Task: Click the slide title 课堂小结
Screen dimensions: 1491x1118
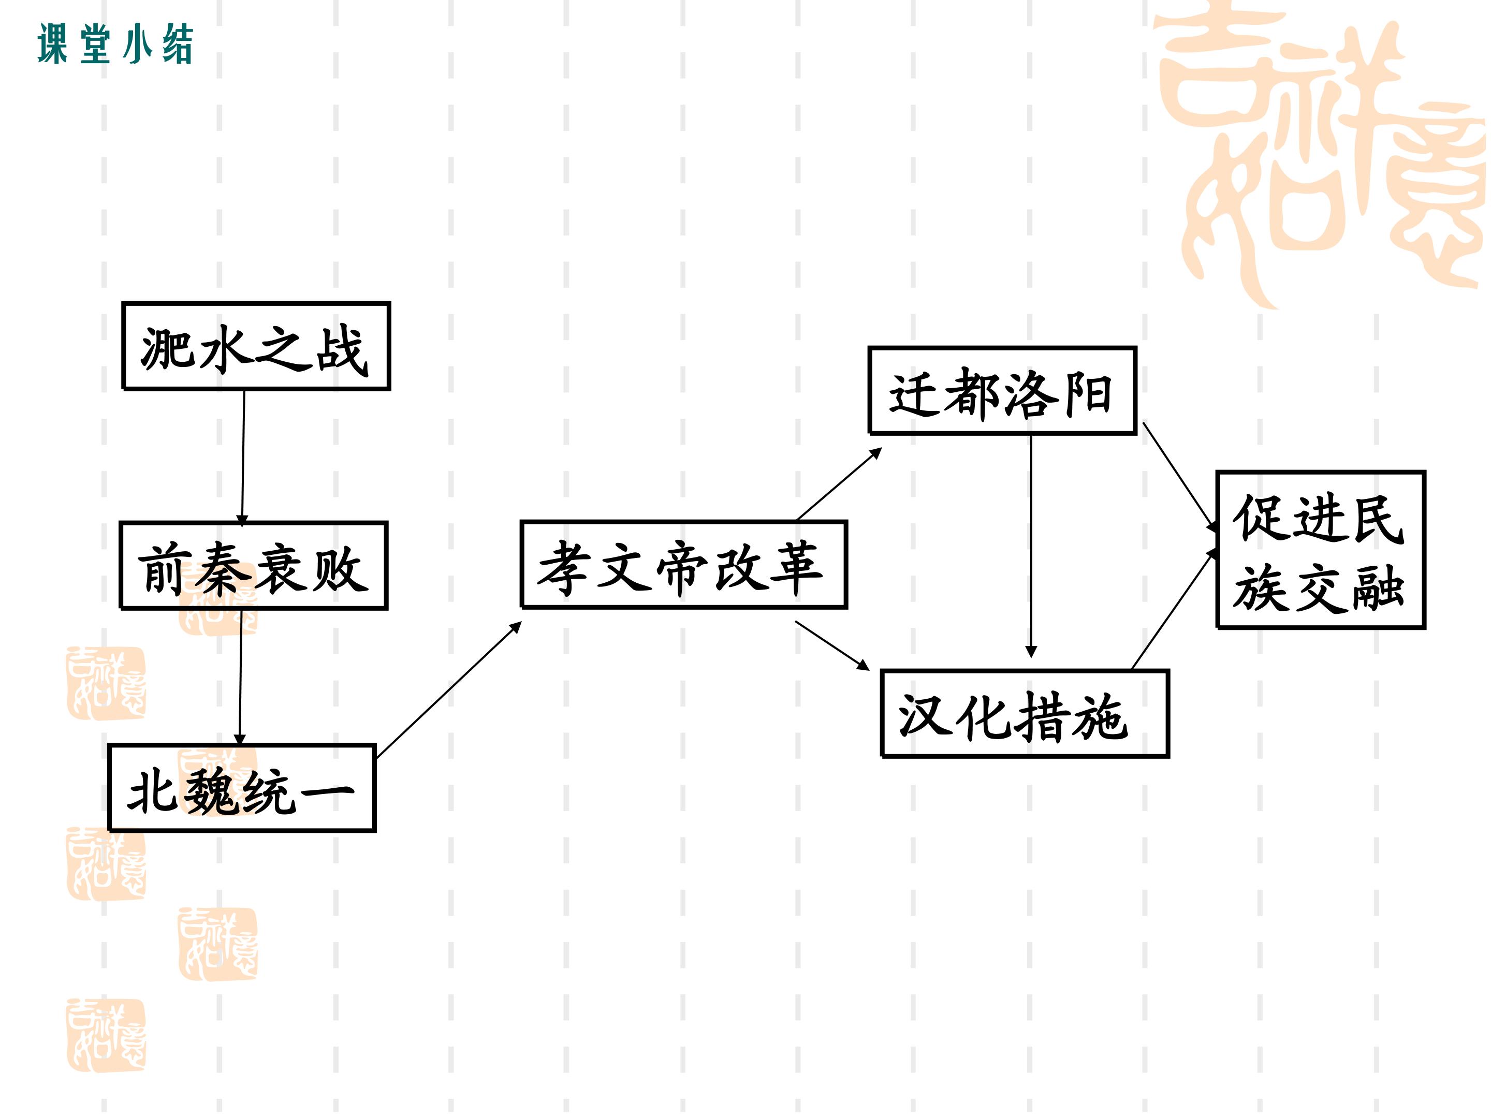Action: point(115,44)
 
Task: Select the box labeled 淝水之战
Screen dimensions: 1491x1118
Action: point(256,346)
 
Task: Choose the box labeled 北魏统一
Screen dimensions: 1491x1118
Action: point(242,788)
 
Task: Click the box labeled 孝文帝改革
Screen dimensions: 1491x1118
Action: point(684,565)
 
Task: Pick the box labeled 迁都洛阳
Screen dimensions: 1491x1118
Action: point(1003,391)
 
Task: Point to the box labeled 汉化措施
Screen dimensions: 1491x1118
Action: point(1025,714)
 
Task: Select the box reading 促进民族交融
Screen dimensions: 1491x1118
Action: point(1321,550)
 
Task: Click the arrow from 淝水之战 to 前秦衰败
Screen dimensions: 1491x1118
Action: point(243,458)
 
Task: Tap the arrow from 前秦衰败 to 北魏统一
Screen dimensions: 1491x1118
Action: point(241,677)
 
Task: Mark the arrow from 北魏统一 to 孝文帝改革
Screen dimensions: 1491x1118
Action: point(449,689)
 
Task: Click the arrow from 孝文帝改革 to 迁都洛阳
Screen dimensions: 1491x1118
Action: point(839,484)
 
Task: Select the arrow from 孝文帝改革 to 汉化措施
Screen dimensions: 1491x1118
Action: point(832,645)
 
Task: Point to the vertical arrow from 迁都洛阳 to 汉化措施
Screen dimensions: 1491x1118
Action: point(1031,547)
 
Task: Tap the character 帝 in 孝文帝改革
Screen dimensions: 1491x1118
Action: point(681,569)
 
